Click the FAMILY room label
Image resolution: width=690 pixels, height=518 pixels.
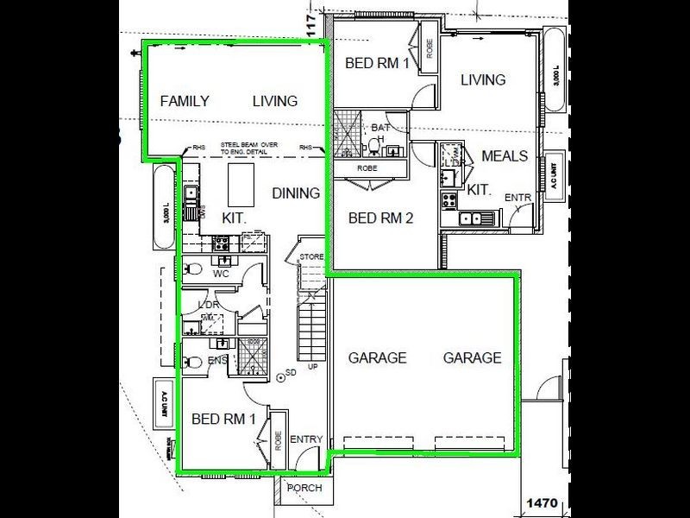(x=185, y=101)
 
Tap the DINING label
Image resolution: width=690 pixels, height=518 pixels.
(x=296, y=193)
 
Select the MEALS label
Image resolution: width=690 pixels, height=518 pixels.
(x=505, y=156)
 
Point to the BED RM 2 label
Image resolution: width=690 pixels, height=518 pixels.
(x=380, y=218)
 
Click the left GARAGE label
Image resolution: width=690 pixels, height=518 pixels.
(x=377, y=357)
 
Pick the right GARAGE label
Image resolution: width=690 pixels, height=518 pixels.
(x=472, y=357)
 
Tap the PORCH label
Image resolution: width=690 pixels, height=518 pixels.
(x=304, y=488)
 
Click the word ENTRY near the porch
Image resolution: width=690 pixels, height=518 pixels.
(x=305, y=440)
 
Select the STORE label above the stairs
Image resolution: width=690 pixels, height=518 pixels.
(x=311, y=257)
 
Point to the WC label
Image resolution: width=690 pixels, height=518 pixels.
(x=220, y=274)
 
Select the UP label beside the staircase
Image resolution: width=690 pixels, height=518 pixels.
(x=312, y=367)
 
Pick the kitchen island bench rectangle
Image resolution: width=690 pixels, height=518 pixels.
(x=241, y=182)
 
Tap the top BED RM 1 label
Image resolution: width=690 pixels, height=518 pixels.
(x=377, y=63)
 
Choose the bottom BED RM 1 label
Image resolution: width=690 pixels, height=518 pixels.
(x=223, y=420)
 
